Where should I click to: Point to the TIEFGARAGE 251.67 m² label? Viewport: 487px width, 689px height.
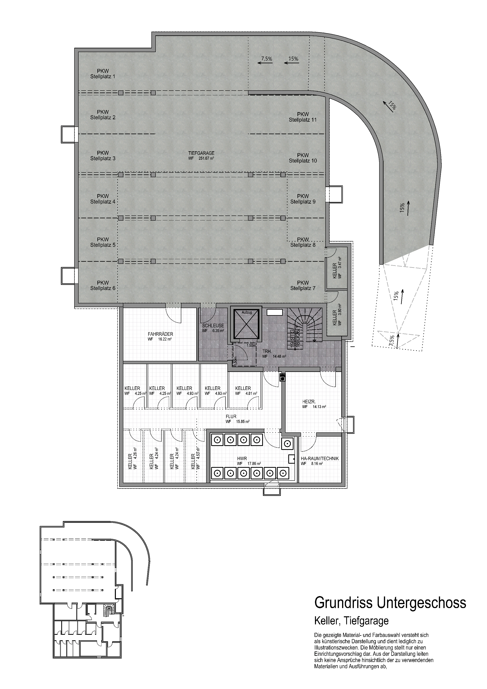pyautogui.click(x=201, y=155)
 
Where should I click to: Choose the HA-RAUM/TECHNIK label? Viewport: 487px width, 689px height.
pyautogui.click(x=320, y=461)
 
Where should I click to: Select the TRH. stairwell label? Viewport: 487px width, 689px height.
pyautogui.click(x=274, y=353)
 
